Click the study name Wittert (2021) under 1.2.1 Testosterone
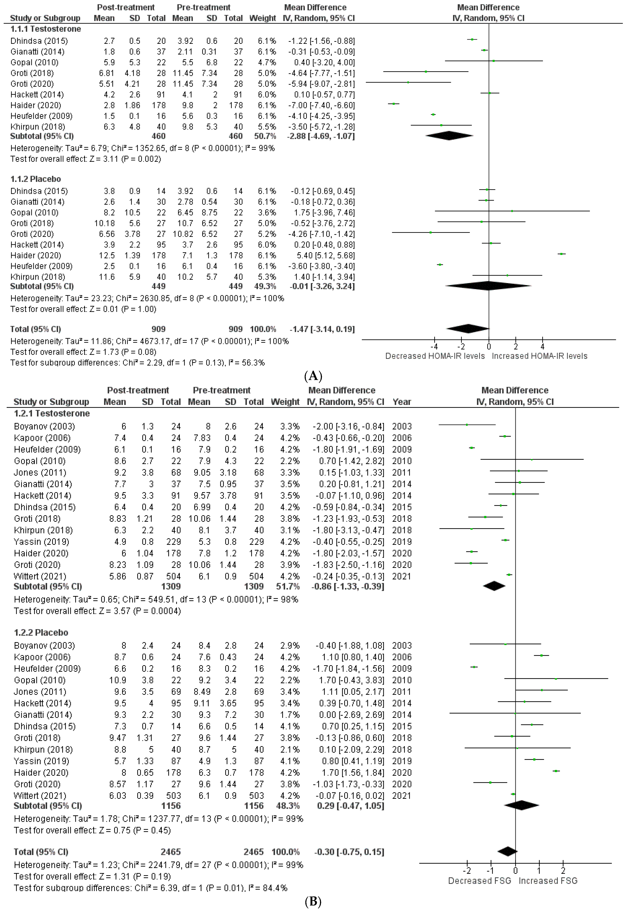(x=40, y=576)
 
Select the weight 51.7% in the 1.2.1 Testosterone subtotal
(x=285, y=587)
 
